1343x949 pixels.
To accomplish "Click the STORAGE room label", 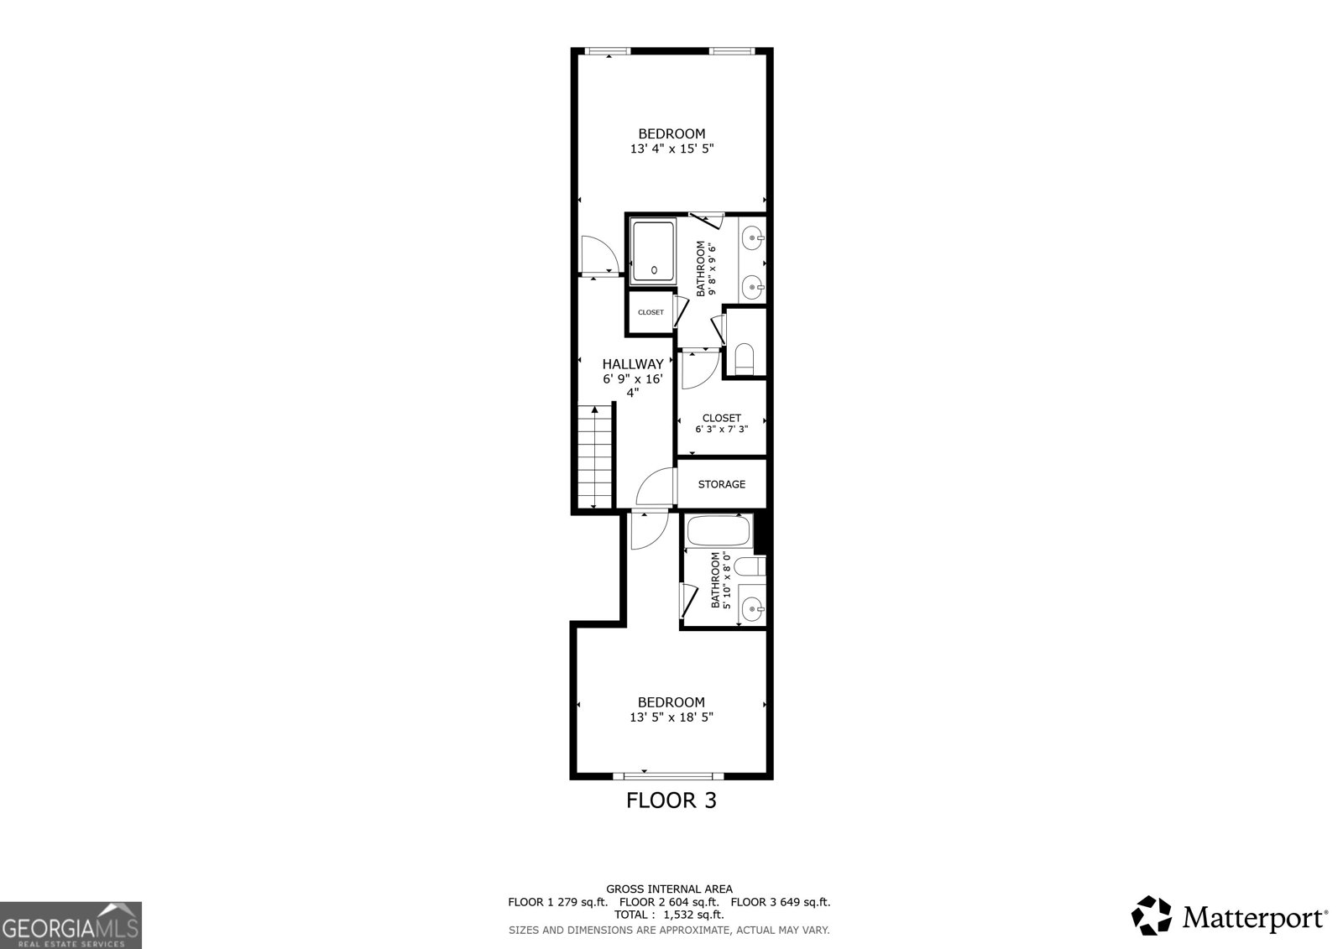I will click(721, 484).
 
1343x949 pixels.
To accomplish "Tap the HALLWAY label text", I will click(633, 364).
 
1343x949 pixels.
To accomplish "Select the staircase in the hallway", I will click(596, 457).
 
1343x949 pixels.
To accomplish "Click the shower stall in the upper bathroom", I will click(654, 250).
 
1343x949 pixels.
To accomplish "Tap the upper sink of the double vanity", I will click(753, 238).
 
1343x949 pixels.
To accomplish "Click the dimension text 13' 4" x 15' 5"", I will click(671, 149).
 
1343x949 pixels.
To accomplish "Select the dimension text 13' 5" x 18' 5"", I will click(671, 717).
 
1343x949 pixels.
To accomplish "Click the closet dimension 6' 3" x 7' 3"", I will click(721, 430).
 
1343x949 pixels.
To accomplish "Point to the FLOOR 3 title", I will click(671, 800).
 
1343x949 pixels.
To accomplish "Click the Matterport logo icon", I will click(1152, 915).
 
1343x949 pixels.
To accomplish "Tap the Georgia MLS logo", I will click(71, 926).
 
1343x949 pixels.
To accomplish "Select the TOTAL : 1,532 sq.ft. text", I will click(669, 915).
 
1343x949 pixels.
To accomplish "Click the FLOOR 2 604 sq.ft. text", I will click(669, 902).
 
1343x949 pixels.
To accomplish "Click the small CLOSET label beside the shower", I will click(651, 312).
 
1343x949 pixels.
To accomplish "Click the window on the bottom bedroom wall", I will click(668, 774).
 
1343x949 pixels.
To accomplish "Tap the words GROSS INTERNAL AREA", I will click(669, 889).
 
